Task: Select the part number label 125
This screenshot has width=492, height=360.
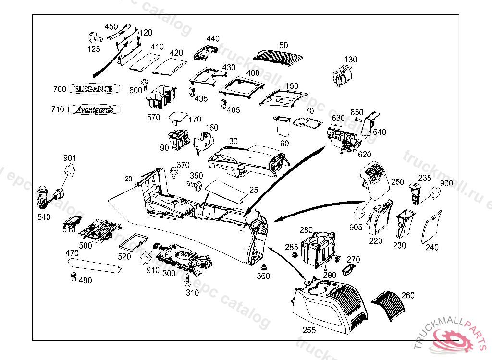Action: point(94,49)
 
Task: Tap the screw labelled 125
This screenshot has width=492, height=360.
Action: point(95,37)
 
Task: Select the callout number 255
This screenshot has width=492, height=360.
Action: point(309,330)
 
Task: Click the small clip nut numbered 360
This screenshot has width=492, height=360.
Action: point(263,267)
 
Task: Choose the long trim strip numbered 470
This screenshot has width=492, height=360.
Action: point(94,264)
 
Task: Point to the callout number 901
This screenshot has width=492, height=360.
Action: point(70,158)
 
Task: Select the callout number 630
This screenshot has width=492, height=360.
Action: point(338,118)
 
